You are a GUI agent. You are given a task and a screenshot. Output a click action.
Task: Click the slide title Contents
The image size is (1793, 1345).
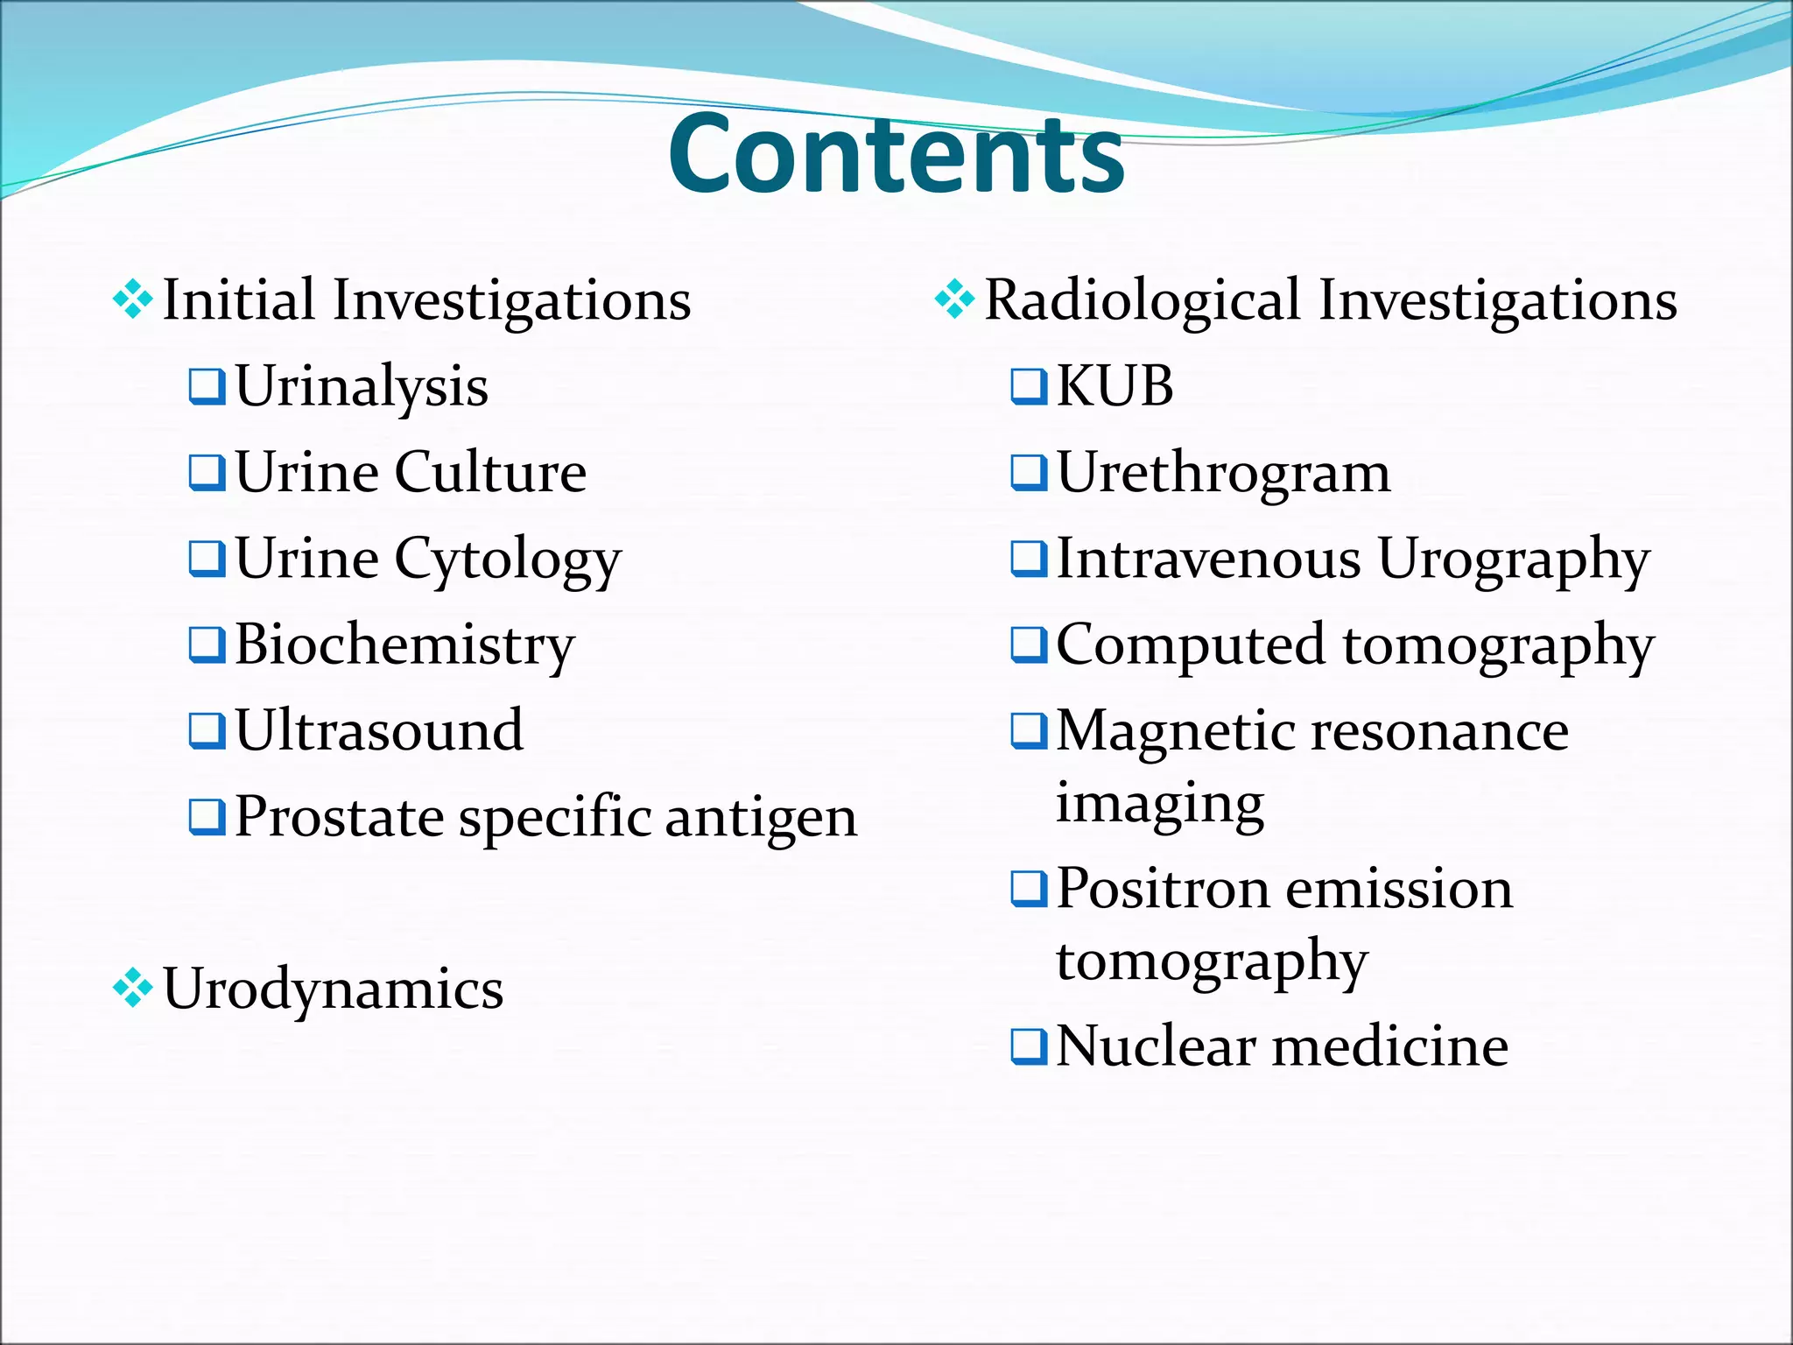896,155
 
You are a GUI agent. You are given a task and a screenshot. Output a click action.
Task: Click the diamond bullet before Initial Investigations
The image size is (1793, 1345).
133,300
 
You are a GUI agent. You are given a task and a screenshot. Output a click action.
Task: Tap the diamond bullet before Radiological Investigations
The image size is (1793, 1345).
954,300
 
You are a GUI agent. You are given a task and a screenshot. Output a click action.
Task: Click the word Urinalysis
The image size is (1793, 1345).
362,387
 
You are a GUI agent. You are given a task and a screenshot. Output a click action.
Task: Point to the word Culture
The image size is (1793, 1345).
490,473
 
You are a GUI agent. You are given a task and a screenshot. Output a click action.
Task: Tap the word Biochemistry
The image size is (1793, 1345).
404,645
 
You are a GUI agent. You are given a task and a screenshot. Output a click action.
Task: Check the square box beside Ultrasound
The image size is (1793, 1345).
207,731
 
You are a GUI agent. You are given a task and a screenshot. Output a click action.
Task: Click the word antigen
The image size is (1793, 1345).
761,819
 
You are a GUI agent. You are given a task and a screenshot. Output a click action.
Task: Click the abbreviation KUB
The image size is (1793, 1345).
1114,387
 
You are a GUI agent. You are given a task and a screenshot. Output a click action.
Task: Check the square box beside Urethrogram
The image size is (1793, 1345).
1029,473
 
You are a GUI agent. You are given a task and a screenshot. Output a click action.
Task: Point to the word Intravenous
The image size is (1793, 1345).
1208,559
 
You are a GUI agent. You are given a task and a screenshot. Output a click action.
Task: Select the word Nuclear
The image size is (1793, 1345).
1156,1046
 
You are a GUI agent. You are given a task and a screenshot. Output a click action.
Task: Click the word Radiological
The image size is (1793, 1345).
1143,300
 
